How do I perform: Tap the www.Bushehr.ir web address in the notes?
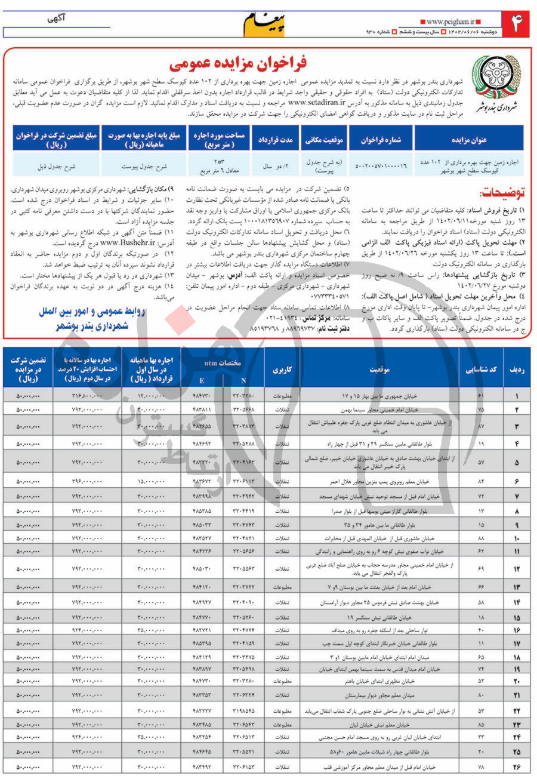[129, 244]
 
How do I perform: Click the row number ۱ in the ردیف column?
[517, 396]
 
